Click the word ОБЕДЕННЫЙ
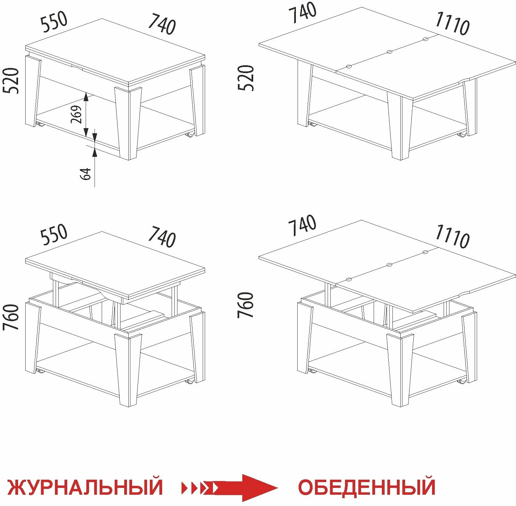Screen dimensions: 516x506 (x=367, y=487)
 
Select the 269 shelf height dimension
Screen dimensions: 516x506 (x=77, y=114)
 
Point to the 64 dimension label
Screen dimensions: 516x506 (x=86, y=174)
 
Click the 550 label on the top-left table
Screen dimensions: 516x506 (x=54, y=22)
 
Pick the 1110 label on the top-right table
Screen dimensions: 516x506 (x=452, y=24)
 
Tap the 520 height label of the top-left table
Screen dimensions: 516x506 (x=11, y=81)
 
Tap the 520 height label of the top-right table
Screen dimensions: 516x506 (x=246, y=78)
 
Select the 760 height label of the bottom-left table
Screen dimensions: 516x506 (x=11, y=317)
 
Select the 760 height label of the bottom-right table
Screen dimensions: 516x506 (x=246, y=305)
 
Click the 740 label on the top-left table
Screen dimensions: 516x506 (x=162, y=24)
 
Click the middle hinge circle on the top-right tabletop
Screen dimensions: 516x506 (x=389, y=52)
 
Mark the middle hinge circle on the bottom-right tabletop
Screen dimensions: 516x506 (x=389, y=265)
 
